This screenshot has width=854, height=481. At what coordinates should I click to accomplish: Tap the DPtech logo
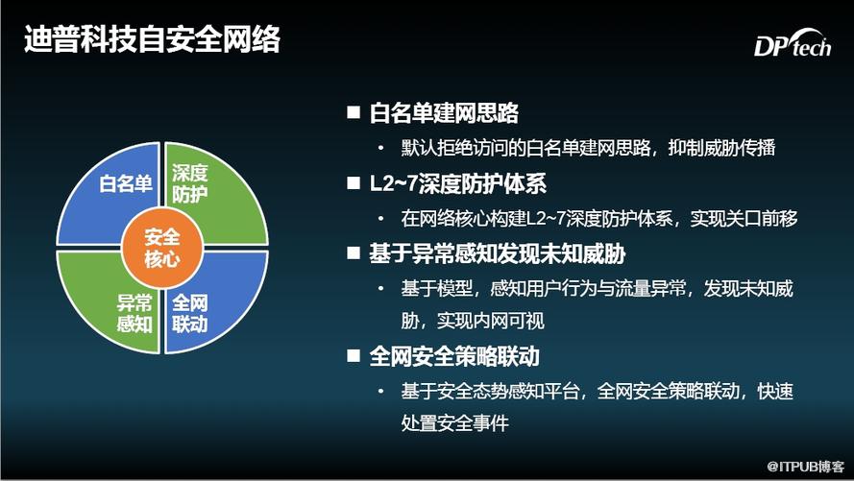pyautogui.click(x=793, y=43)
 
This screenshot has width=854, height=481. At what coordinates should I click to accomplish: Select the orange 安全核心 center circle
pyautogui.click(x=162, y=248)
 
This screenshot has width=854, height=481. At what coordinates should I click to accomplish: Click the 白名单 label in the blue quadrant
pyautogui.click(x=125, y=183)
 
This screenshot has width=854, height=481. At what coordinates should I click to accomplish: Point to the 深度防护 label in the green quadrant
pyautogui.click(x=190, y=183)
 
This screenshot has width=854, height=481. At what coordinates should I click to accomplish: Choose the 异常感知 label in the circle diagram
pyautogui.click(x=134, y=313)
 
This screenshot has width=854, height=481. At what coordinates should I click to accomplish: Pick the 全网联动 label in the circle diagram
pyautogui.click(x=190, y=313)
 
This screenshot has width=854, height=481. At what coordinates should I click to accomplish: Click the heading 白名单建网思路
pyautogui.click(x=444, y=112)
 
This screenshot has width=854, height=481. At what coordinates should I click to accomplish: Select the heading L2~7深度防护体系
pyautogui.click(x=458, y=184)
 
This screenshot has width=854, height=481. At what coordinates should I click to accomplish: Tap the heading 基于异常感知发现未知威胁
pyautogui.click(x=498, y=254)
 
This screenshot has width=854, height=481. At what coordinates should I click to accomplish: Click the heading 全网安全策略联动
pyautogui.click(x=454, y=356)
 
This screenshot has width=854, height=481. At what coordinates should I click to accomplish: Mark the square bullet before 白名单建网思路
pyautogui.click(x=354, y=112)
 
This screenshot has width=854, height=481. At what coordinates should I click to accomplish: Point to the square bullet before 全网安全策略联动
pyautogui.click(x=354, y=356)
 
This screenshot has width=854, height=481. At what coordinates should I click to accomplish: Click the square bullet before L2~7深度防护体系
pyautogui.click(x=354, y=183)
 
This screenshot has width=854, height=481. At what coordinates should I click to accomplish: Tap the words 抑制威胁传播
pyautogui.click(x=721, y=148)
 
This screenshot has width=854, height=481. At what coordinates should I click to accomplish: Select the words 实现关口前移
pyautogui.click(x=744, y=218)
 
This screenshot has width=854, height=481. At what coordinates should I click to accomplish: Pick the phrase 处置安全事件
pyautogui.click(x=454, y=422)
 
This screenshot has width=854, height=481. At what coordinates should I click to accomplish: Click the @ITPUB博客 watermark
pyautogui.click(x=806, y=467)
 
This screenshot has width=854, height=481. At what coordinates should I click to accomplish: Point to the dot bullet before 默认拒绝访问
pyautogui.click(x=380, y=148)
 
